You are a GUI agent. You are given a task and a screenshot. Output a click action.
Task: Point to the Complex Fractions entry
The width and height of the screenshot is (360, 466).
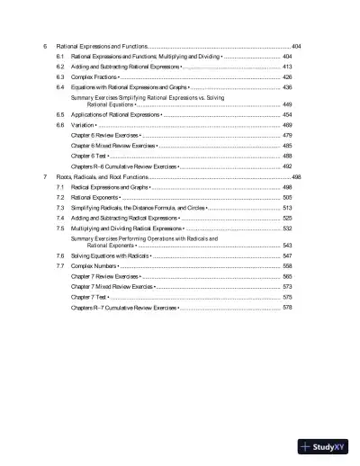pos(94,77)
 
